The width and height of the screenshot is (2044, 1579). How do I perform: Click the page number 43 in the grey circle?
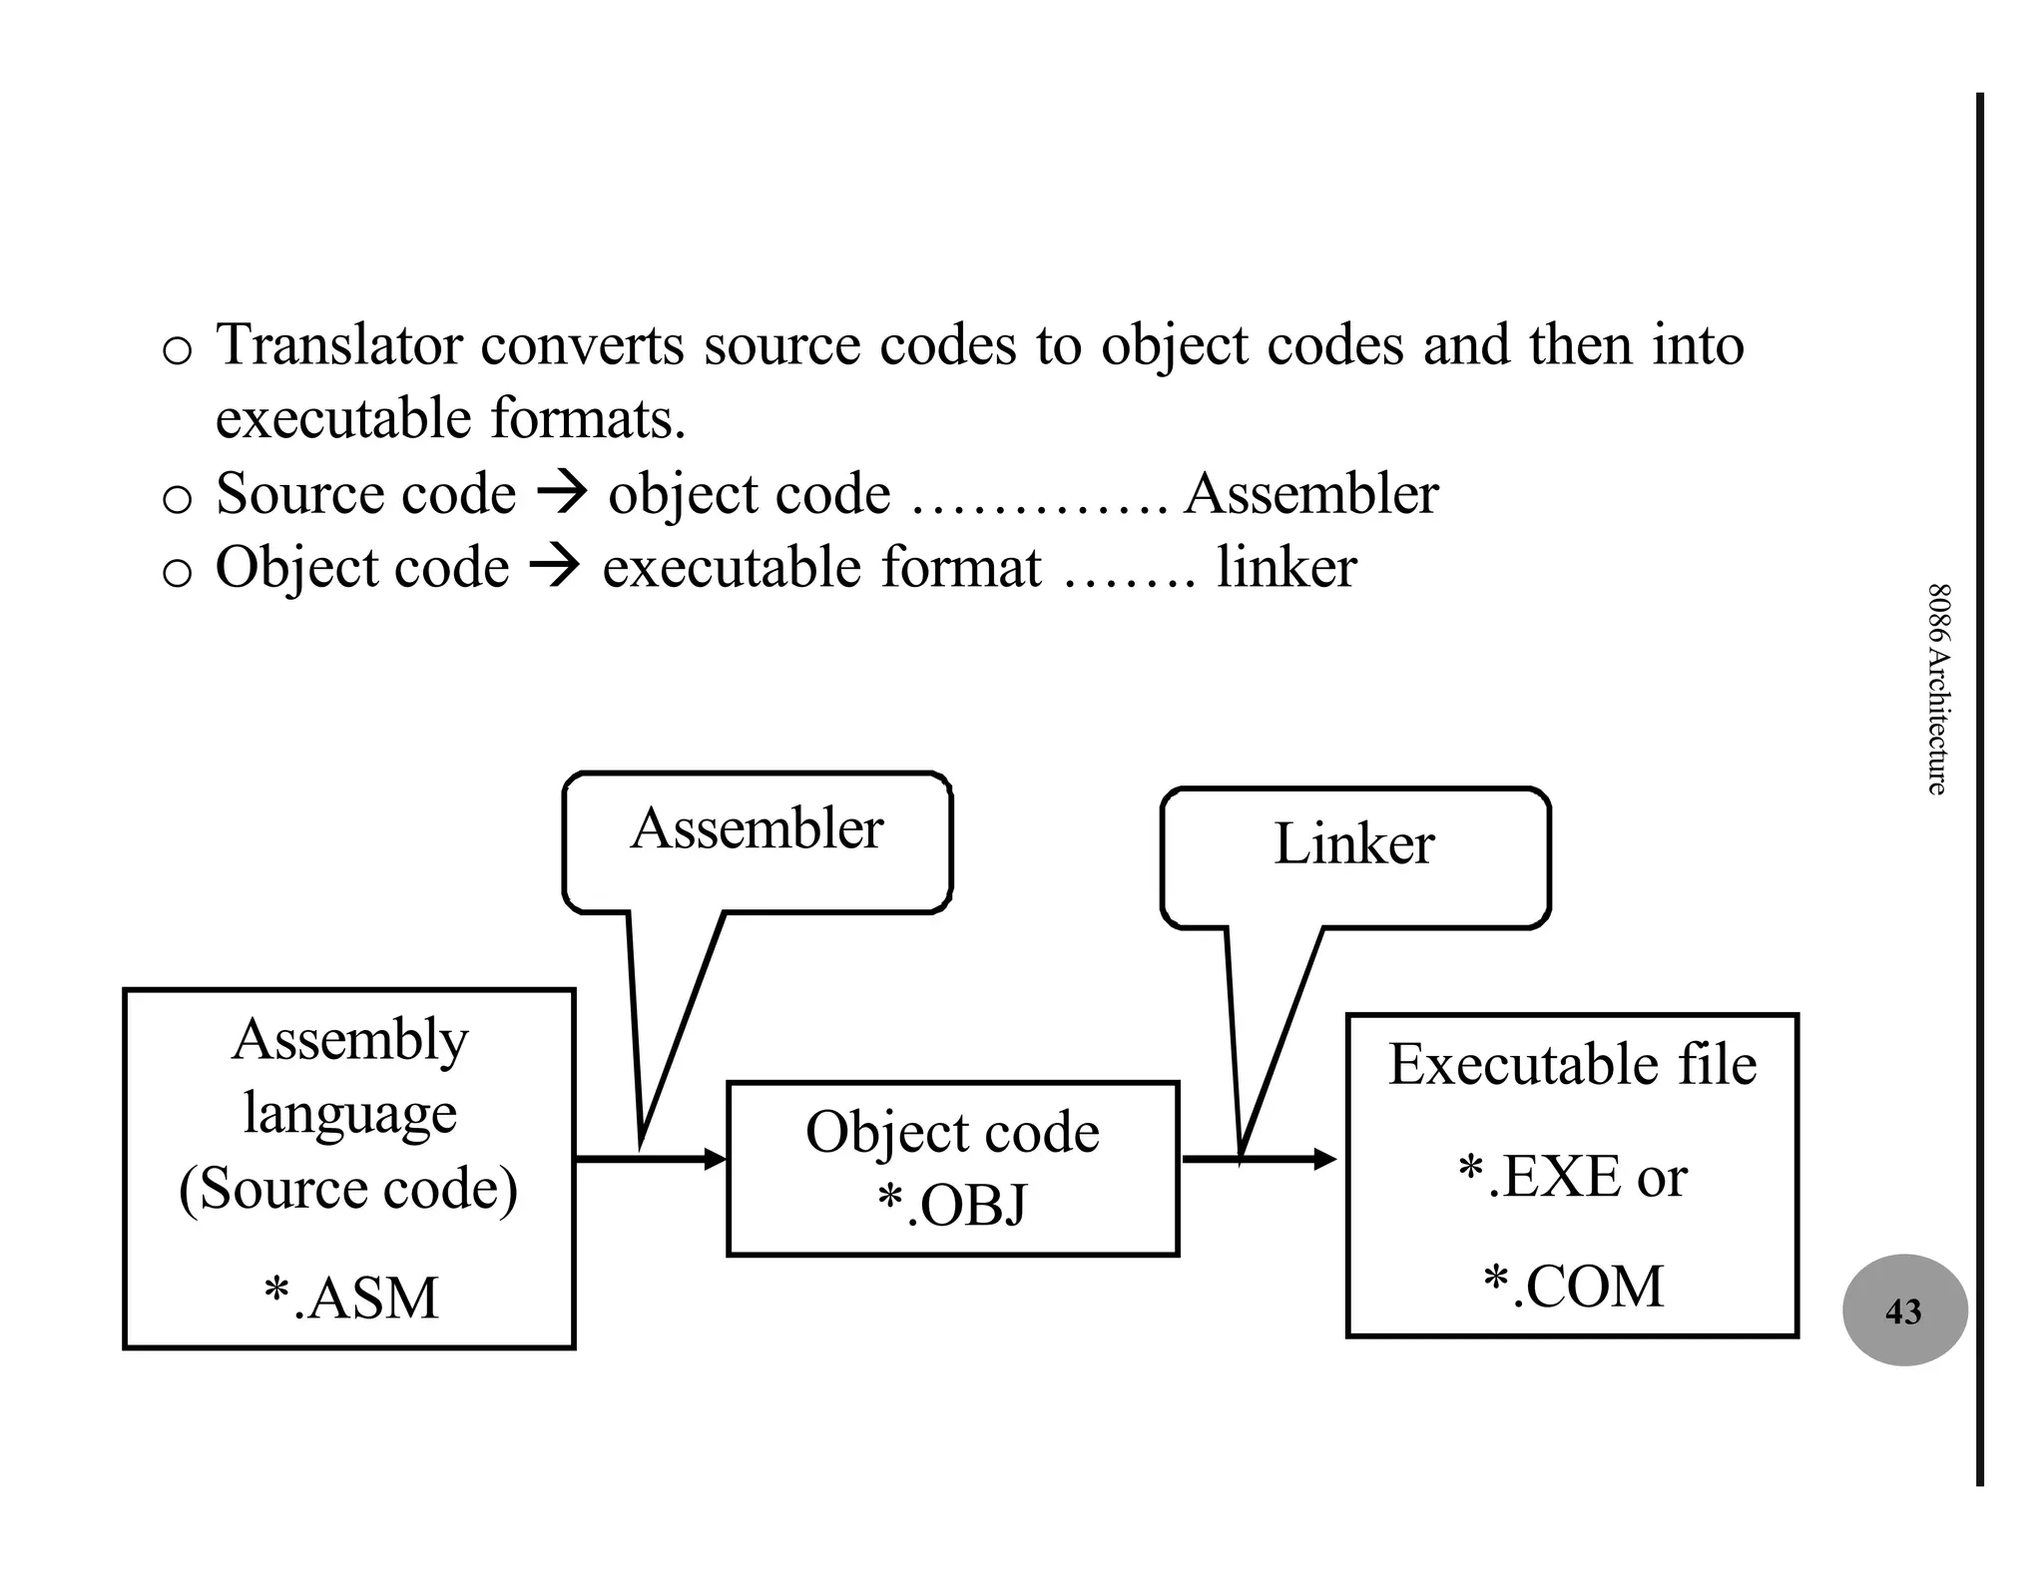pos(1902,1312)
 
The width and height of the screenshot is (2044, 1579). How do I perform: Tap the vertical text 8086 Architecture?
pos(1936,689)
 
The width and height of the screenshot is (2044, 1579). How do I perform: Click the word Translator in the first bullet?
pos(339,345)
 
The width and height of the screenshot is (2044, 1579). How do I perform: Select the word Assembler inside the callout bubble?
pos(757,828)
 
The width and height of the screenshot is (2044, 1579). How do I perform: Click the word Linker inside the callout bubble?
pos(1353,844)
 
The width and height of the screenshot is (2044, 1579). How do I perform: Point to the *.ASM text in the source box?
pos(350,1299)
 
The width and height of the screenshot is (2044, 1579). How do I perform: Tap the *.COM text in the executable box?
pos(1573,1286)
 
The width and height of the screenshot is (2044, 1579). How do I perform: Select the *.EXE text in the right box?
pos(1543,1177)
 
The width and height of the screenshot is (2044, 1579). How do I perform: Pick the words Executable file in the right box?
pos(1572,1064)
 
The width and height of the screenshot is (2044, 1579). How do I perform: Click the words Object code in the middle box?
pos(952,1133)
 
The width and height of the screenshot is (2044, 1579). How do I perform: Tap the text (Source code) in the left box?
pos(348,1189)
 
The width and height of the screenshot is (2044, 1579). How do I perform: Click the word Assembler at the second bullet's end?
pos(1310,494)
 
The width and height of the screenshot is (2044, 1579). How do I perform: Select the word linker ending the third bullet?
pos(1285,568)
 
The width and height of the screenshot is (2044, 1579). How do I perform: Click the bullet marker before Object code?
pos(177,573)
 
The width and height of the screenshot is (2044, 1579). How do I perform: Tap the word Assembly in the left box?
pos(349,1041)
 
